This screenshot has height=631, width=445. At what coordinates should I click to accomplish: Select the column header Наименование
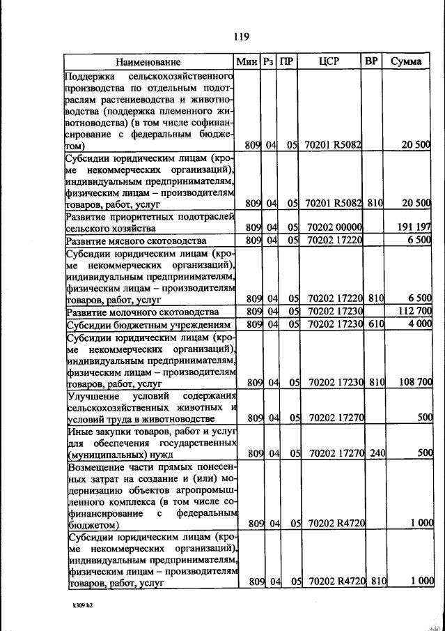148,62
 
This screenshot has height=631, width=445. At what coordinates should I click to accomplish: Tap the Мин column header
247,62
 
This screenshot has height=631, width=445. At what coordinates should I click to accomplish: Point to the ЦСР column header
329,62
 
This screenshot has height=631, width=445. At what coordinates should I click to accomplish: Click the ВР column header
372,61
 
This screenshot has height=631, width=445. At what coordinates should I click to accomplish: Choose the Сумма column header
406,62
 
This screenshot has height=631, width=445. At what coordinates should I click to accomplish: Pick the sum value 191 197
413,227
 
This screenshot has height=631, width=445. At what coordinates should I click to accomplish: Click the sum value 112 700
413,312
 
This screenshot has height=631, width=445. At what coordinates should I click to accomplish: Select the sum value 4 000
418,325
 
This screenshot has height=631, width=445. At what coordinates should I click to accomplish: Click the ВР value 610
377,325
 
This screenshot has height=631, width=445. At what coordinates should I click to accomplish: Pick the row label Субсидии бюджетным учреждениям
148,326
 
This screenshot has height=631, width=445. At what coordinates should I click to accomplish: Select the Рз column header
268,62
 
